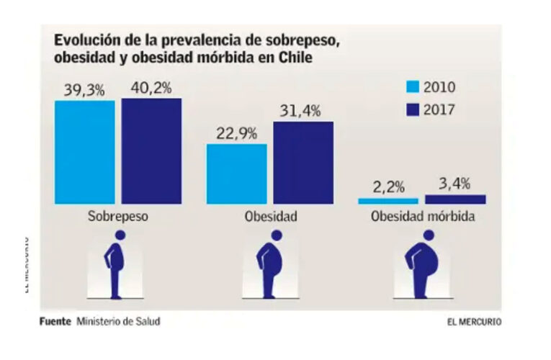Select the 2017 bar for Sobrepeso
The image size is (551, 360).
click(x=151, y=150)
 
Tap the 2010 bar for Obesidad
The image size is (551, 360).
click(x=236, y=174)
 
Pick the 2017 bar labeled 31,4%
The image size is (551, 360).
click(x=303, y=162)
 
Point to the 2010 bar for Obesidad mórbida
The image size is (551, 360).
click(x=388, y=201)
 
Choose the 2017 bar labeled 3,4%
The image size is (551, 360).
click(x=455, y=199)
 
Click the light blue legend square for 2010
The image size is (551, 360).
click(x=413, y=88)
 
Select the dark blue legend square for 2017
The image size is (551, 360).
click(x=413, y=110)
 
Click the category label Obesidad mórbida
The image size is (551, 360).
click(x=422, y=216)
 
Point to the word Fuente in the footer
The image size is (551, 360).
click(x=55, y=321)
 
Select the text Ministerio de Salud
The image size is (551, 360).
click(x=118, y=321)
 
